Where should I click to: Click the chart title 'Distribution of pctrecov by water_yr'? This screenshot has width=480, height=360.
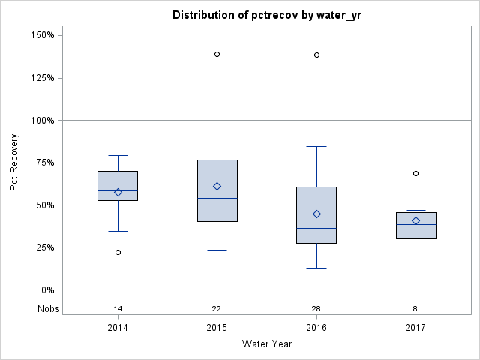[266, 15]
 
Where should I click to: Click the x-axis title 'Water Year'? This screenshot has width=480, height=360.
[266, 344]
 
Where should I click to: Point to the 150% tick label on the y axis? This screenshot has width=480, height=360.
[41, 35]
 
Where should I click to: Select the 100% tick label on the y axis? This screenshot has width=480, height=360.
[41, 120]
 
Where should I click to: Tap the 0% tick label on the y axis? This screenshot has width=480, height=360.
[46, 290]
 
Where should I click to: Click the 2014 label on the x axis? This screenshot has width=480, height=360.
[118, 328]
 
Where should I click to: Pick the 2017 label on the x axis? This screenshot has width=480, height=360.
[415, 328]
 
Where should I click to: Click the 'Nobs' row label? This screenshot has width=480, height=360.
[49, 309]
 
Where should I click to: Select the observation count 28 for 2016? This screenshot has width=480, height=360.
[316, 309]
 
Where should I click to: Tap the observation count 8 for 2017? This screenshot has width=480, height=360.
[415, 309]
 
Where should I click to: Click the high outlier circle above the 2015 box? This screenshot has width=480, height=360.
[217, 54]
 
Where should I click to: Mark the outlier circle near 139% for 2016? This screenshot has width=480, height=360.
[316, 55]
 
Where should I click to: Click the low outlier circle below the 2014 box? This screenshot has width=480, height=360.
[118, 252]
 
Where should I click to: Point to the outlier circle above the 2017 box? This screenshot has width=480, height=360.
[415, 173]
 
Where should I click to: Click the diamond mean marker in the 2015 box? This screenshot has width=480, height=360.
[217, 186]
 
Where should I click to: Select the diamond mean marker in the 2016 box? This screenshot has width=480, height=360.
[316, 214]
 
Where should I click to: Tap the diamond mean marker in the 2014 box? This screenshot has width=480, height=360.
[118, 192]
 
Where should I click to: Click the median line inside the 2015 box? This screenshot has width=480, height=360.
[217, 198]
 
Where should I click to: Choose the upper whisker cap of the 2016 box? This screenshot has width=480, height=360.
[316, 146]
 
